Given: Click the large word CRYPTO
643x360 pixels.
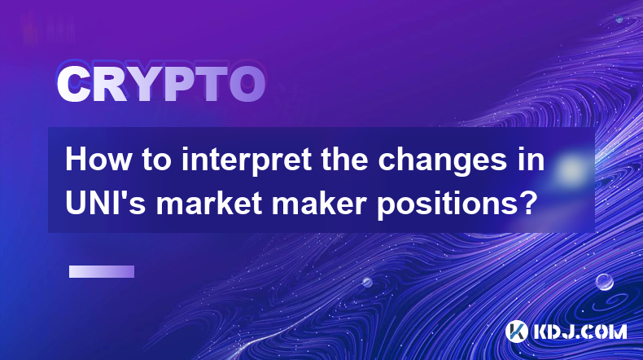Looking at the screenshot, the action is point(161,84).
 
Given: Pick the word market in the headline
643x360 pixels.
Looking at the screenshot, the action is point(209,203).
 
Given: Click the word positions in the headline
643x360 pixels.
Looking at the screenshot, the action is point(447,204).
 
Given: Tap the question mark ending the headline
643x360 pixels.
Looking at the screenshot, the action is point(527,203).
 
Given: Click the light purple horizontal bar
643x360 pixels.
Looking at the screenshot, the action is point(102,271).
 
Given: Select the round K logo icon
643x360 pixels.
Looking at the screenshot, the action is point(516,331).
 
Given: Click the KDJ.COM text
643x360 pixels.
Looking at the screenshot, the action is point(580,331).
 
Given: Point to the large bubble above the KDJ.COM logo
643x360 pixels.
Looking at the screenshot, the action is point(604,282).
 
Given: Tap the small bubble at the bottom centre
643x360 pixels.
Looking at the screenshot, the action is point(367,282).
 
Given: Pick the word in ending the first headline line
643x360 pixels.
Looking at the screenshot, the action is point(530,160).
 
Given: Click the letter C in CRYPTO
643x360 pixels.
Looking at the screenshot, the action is point(73,84).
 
